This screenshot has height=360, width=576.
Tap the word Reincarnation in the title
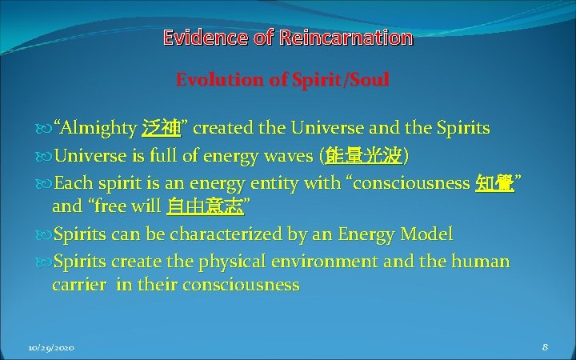[346, 37]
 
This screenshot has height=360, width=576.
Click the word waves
[287, 154]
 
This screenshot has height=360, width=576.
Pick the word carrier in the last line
[78, 285]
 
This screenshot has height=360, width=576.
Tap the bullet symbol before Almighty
[44, 129]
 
